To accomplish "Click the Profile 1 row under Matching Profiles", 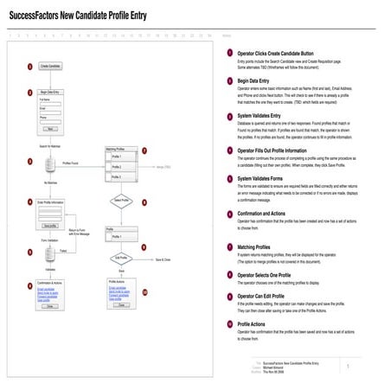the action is pyautogui.click(x=125, y=157).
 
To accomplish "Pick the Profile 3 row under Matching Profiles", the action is pyautogui.click(x=125, y=176).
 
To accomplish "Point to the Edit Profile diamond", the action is pyautogui.click(x=120, y=258).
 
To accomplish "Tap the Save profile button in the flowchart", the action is pyautogui.click(x=50, y=225).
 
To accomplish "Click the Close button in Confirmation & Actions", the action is pyautogui.click(x=50, y=306).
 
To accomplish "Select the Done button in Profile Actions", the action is pyautogui.click(x=121, y=305).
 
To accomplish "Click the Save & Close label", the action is pyautogui.click(x=162, y=259).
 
